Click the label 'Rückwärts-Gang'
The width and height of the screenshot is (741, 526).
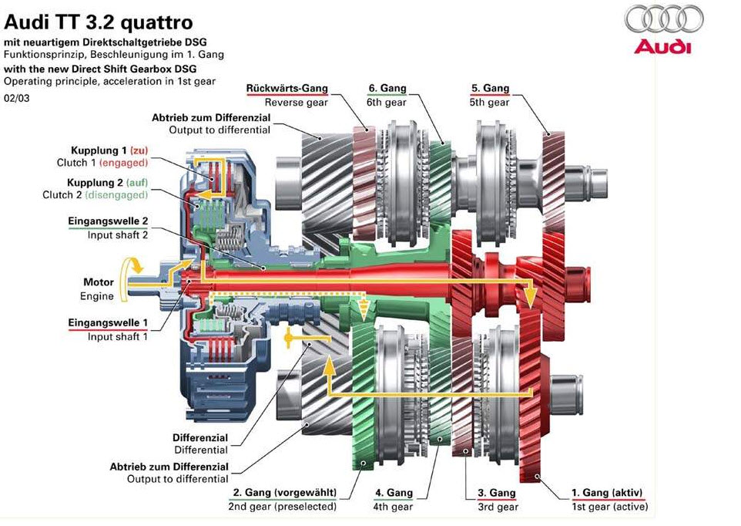[x=287, y=89]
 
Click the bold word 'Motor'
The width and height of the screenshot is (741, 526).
[x=99, y=282]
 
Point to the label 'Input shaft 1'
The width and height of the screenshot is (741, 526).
[x=117, y=336]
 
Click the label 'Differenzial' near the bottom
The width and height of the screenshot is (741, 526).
[x=200, y=437]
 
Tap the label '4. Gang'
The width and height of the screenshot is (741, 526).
[x=394, y=493]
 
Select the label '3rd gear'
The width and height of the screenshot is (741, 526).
[x=498, y=507]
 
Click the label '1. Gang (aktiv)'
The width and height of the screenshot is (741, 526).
[x=607, y=493]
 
